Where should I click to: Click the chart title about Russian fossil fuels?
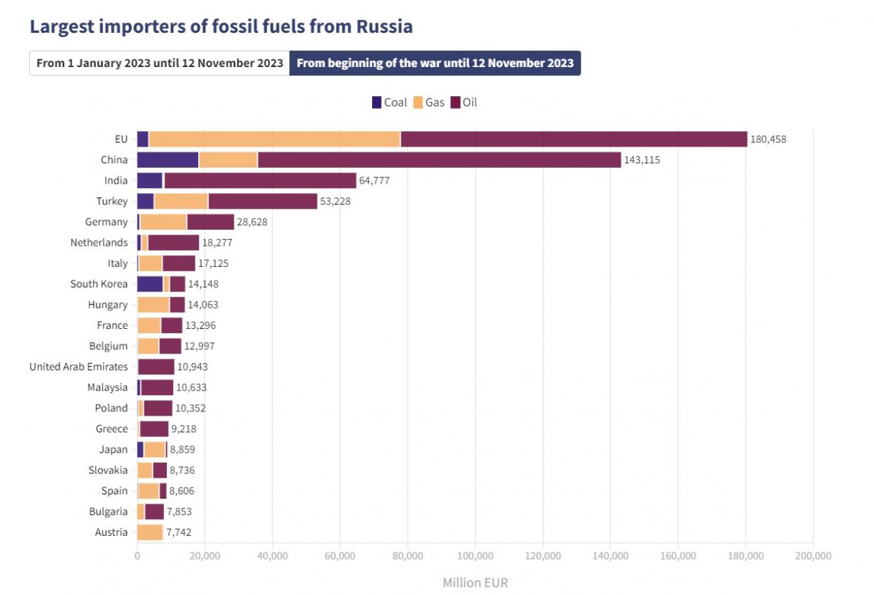pos(221,27)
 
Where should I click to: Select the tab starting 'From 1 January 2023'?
pos(160,63)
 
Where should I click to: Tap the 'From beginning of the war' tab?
pos(435,63)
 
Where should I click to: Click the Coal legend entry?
pos(389,103)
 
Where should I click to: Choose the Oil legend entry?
pos(464,103)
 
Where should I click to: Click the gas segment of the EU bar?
pos(274,139)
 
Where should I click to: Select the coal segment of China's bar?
pos(168,160)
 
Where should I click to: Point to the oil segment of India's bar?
pos(260,181)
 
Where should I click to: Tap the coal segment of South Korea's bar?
pos(149,284)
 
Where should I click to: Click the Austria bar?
pos(150,532)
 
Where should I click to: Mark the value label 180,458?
pos(768,139)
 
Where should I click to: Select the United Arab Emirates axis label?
pos(79,367)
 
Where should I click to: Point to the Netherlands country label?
pos(99,243)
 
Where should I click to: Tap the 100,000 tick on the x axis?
pos(475,556)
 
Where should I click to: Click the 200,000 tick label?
pos(813,556)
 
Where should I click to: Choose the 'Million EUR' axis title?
pos(475,583)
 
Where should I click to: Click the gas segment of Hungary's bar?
pos(153,305)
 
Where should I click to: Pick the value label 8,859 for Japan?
pos(182,450)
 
